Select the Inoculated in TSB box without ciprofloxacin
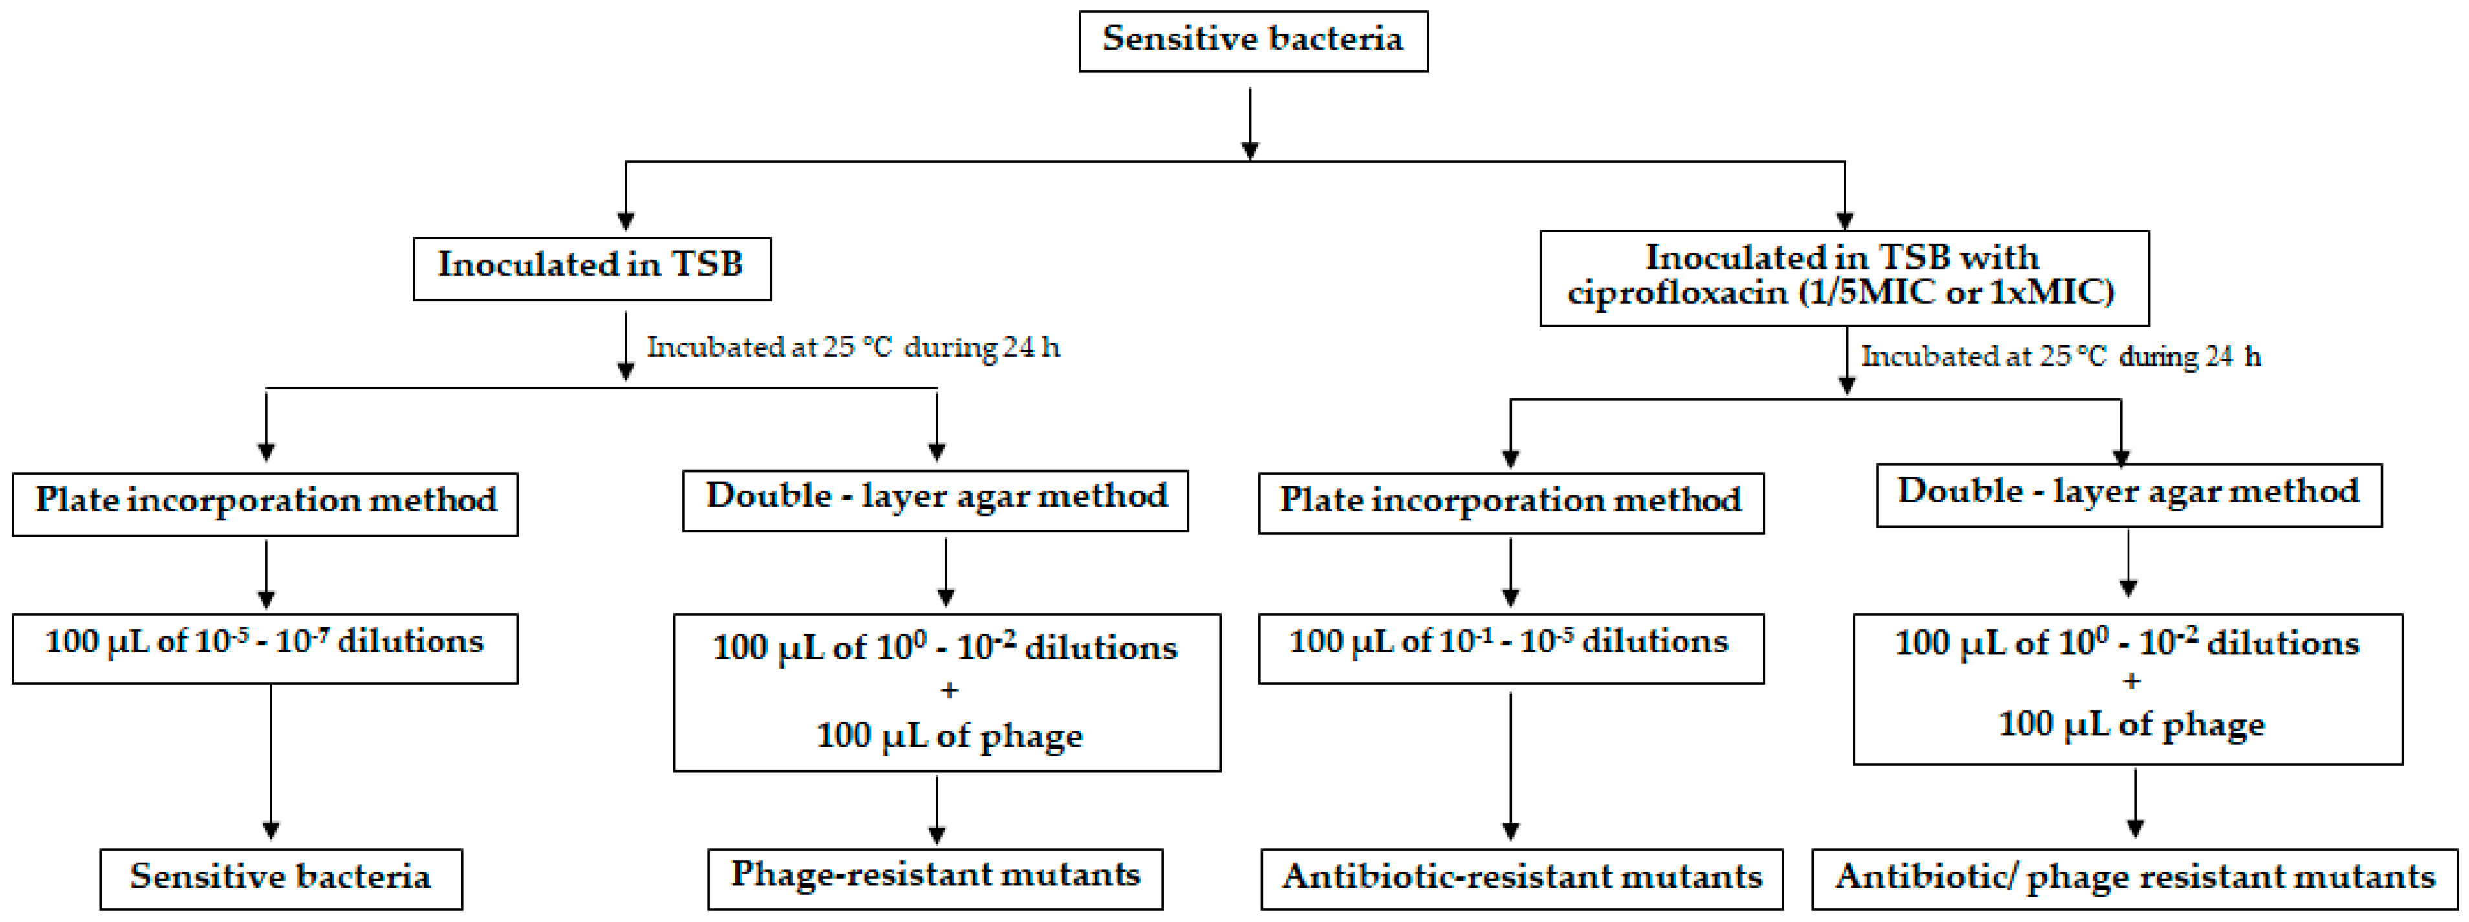pos(591,268)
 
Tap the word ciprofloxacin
pos(1677,292)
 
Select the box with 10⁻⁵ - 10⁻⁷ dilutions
pos(264,647)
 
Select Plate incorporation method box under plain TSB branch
pos(264,502)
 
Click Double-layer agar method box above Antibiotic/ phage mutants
pos(2128,495)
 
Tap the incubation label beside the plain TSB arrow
pos(852,347)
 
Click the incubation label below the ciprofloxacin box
pos(2061,356)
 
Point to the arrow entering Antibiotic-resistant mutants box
pos(1511,767)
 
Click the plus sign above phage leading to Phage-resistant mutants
pos(949,690)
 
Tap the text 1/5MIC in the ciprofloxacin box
pos(1864,292)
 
